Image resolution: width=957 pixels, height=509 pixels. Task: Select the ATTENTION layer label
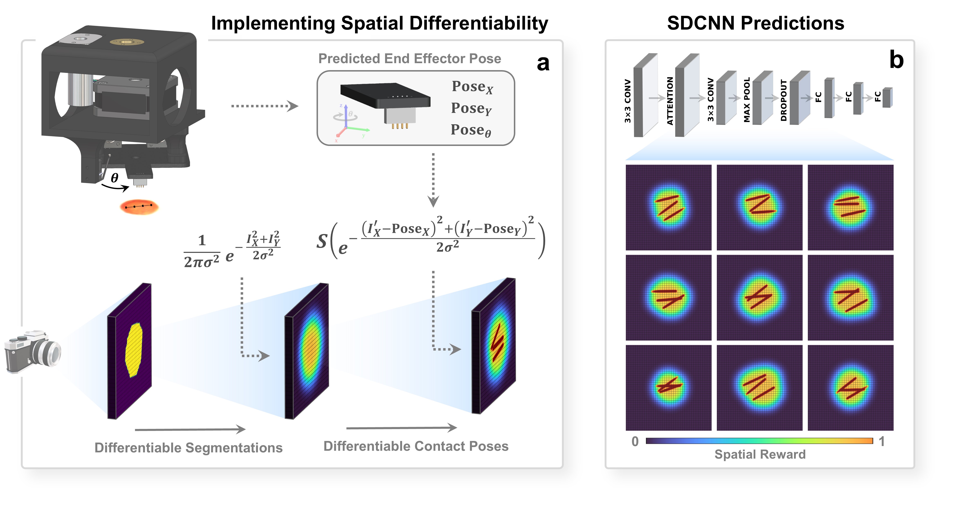670,101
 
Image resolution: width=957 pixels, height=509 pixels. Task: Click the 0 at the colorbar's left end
635,441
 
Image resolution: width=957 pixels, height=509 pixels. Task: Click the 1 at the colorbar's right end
882,441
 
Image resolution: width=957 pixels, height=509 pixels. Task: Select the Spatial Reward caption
760,454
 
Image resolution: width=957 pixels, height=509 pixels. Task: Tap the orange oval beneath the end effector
139,207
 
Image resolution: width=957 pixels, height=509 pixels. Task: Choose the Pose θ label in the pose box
471,130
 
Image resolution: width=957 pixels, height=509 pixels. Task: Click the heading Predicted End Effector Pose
409,59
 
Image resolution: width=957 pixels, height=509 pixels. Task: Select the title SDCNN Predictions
755,23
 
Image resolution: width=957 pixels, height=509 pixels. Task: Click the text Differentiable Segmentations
188,448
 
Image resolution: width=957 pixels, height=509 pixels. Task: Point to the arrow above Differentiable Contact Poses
401,428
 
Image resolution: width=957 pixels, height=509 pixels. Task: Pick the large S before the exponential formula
322,241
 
